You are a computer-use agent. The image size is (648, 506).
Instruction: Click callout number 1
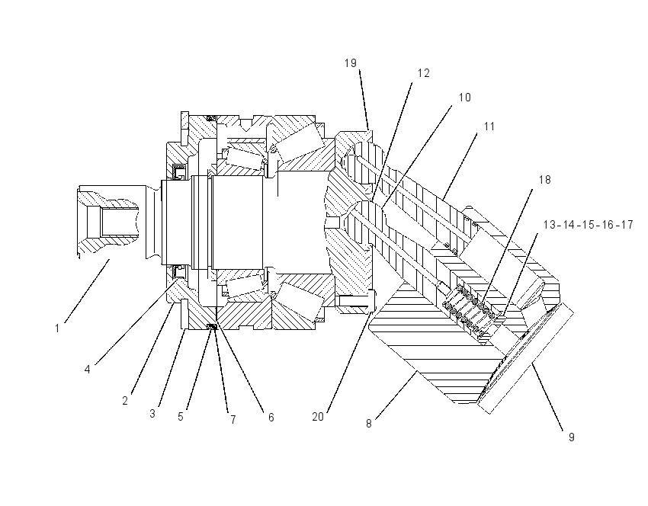tap(57, 328)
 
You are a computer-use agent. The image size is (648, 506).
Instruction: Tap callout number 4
tap(87, 370)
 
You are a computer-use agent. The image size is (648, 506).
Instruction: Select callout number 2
tap(125, 400)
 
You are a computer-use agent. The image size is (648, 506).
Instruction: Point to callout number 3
tap(152, 414)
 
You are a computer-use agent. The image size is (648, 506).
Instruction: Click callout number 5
tap(181, 416)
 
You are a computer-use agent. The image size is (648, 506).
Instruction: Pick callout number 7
tap(233, 420)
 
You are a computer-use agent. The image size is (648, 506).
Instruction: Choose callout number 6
tap(271, 417)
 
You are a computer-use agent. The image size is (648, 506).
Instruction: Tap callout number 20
tap(318, 417)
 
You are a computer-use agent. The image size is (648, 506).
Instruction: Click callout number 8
tap(369, 424)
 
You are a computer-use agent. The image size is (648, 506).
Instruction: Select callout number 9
tap(572, 437)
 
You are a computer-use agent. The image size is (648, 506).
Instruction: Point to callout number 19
tap(351, 63)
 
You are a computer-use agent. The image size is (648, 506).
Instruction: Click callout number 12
tap(424, 73)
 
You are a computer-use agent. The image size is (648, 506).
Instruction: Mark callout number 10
tap(465, 98)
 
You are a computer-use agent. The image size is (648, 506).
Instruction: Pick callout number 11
tap(489, 126)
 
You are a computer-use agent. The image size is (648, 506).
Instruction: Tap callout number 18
tap(545, 180)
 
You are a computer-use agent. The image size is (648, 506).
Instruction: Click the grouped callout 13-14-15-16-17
tap(588, 225)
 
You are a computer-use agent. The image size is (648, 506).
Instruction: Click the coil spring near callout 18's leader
tap(468, 308)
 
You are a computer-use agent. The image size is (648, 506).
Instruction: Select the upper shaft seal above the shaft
tap(179, 171)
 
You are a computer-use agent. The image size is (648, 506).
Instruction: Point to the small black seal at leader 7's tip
tap(212, 327)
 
